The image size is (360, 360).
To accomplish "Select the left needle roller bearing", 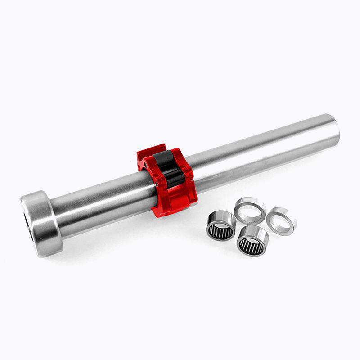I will click(221, 225).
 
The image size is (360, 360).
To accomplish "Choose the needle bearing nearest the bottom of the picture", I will click(252, 241).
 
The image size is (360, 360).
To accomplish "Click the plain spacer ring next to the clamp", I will click(250, 210).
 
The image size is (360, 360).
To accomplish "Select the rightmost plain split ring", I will click(281, 220).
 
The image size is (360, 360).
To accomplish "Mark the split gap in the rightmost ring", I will click(294, 221).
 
